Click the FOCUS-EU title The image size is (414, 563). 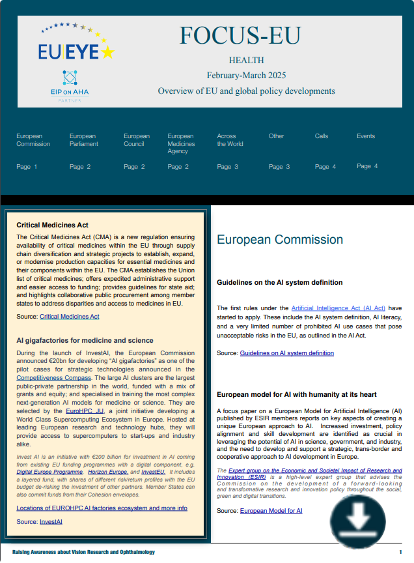[240, 36]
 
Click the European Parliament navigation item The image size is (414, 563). [83, 140]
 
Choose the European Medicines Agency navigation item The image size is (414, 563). [181, 144]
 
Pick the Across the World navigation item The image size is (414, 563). [230, 140]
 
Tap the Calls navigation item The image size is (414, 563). [322, 136]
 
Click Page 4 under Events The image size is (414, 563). [367, 166]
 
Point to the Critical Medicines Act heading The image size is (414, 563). [52, 225]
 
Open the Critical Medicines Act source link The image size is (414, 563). [70, 317]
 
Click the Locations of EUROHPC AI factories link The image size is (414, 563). [102, 508]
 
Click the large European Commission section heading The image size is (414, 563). [280, 240]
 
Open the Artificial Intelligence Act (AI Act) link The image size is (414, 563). [338, 308]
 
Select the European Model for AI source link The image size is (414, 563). [271, 511]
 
